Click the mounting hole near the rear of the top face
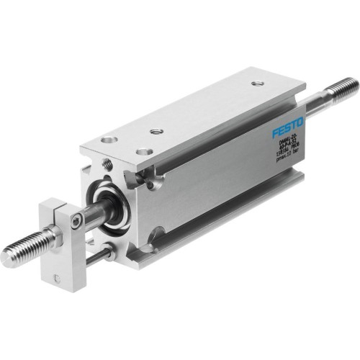pyautogui.click(x=257, y=84)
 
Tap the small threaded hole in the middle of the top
pyautogui.click(x=156, y=132)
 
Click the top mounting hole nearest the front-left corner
pyautogui.click(x=108, y=140)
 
